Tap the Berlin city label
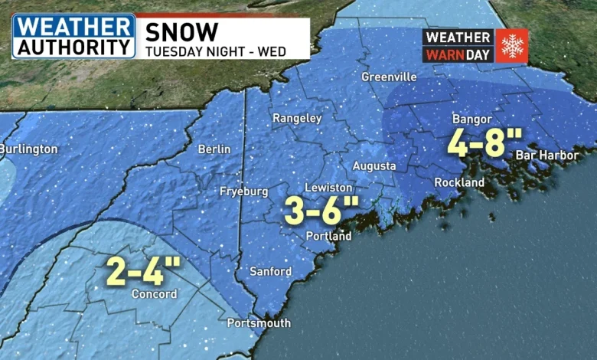pos(214,149)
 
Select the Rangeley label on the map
pos(297,118)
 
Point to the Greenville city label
pos(389,77)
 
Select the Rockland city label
pos(459,182)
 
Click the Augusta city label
pos(374,166)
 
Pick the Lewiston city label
pos(328,188)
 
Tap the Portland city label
pos(328,236)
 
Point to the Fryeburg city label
pos(243,190)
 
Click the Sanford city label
pos(271,271)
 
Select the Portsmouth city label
pos(259,323)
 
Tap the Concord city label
pos(154,294)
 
